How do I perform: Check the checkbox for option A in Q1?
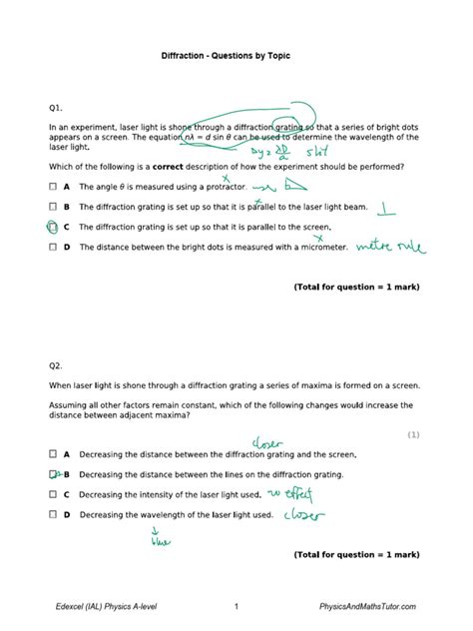coord(52,187)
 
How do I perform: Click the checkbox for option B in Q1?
coord(52,207)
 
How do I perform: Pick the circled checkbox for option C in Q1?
coord(52,227)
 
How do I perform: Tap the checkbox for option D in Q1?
coord(52,247)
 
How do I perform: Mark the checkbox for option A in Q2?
coord(52,453)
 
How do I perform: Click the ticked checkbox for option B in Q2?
coord(52,474)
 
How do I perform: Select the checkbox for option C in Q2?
coord(52,494)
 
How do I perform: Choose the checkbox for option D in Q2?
coord(52,515)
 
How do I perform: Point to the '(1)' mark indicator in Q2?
coord(413,434)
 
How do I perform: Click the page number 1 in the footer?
coord(236,606)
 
